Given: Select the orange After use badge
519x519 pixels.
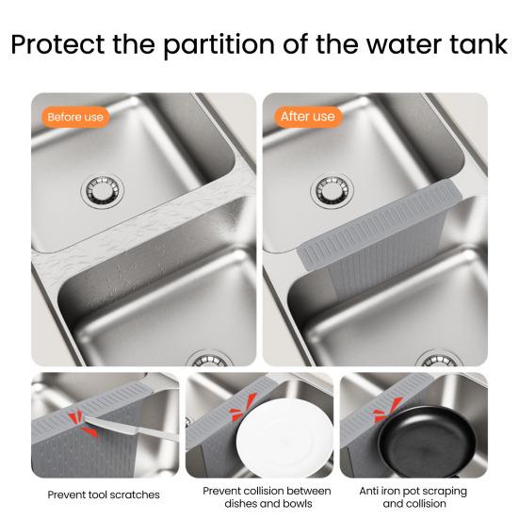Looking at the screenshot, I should click(307, 117).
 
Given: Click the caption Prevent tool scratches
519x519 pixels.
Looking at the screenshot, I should click(104, 495).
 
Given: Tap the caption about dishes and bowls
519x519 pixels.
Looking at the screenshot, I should click(267, 497).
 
